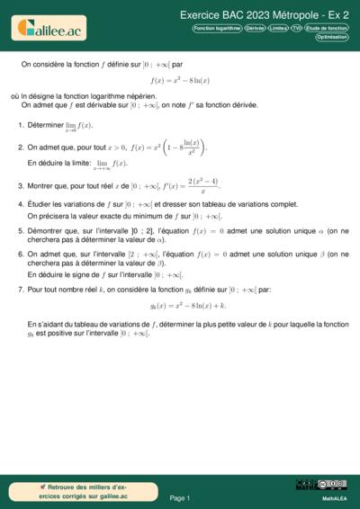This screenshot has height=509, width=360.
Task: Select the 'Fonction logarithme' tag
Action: click(x=217, y=29)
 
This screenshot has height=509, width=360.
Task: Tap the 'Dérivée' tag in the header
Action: click(x=255, y=29)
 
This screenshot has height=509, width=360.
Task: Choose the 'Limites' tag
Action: click(x=278, y=29)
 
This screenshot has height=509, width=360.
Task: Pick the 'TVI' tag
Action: click(x=296, y=29)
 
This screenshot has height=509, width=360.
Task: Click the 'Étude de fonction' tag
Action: click(x=327, y=29)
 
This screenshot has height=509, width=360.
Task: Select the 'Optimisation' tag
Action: click(x=332, y=38)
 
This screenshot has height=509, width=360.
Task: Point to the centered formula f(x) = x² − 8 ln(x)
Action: click(x=180, y=80)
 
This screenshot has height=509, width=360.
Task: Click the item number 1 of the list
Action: click(x=21, y=125)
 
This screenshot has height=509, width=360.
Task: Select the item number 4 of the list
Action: click(x=21, y=204)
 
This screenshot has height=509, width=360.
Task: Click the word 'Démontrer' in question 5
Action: click(x=46, y=230)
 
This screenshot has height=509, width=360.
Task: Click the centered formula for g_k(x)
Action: click(x=180, y=306)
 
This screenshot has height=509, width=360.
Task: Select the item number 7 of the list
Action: click(x=21, y=290)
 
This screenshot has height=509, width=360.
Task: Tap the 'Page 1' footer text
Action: click(x=180, y=497)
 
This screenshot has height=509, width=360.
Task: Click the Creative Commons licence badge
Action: click(x=321, y=485)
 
